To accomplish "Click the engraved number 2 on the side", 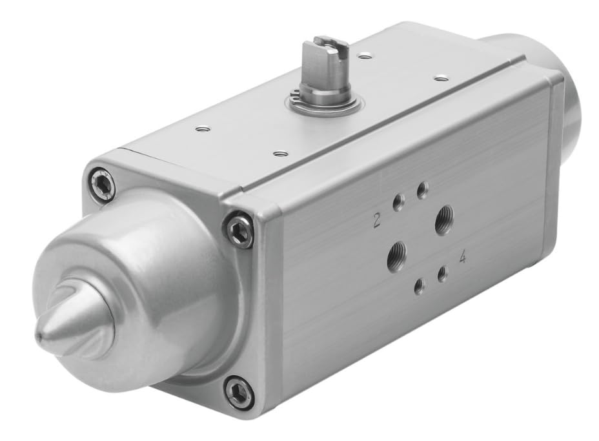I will [377, 222].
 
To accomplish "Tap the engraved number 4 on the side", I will [463, 258].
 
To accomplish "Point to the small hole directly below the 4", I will [443, 274].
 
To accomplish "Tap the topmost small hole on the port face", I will [422, 190].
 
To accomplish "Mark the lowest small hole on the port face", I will [420, 286].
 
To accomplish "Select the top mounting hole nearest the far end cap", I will [441, 78].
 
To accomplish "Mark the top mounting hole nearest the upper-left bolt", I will [203, 129].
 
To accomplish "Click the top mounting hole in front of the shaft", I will [280, 154].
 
